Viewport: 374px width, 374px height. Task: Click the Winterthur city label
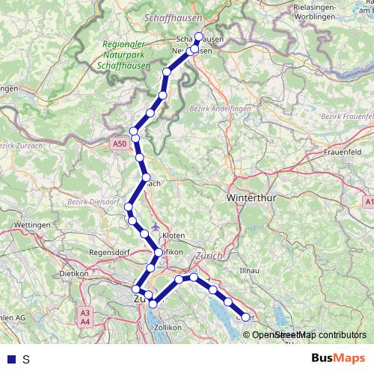tap(250, 200)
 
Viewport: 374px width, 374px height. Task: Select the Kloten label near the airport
tap(173, 235)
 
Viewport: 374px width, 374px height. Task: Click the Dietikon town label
tap(73, 274)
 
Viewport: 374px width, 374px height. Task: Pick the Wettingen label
tap(31, 224)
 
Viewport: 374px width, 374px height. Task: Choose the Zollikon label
tap(167, 327)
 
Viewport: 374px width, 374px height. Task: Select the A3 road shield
tap(85, 313)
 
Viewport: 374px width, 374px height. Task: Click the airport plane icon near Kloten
tap(155, 227)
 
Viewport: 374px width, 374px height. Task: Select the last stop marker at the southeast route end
tap(245, 318)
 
